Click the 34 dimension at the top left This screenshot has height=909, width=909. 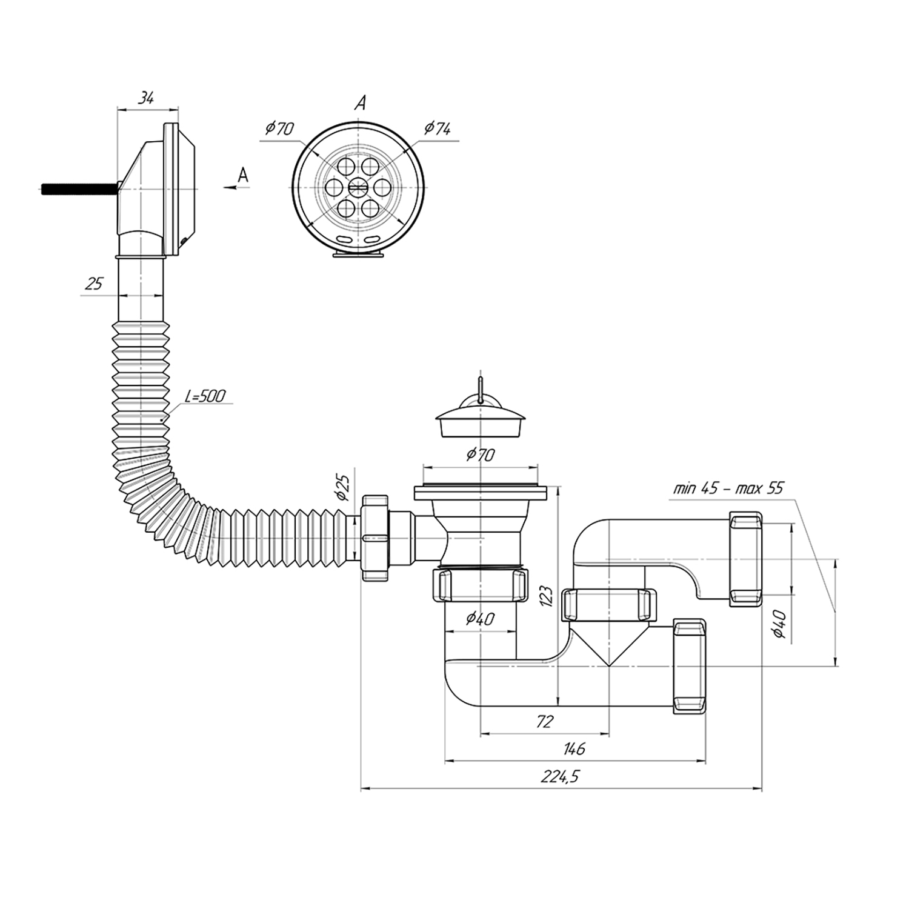[145, 98]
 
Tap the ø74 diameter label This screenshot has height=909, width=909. [437, 128]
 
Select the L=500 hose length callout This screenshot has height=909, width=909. [205, 397]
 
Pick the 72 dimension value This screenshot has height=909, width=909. [545, 721]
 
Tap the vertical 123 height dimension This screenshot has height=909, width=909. [545, 597]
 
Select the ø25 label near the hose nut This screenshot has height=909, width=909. [342, 487]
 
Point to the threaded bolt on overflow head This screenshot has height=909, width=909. [79, 188]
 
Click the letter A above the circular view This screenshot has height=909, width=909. [361, 104]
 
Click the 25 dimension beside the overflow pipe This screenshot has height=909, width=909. [94, 284]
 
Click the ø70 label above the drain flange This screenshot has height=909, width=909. [481, 454]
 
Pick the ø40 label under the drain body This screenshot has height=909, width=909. [480, 619]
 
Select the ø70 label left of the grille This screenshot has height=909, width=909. [279, 128]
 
